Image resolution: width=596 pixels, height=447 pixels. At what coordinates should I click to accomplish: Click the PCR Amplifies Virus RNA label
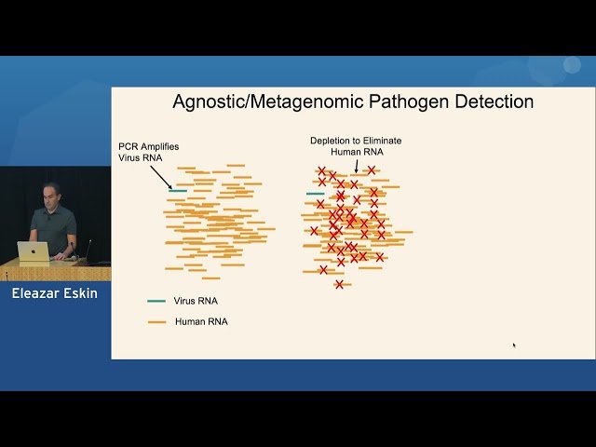click(148, 153)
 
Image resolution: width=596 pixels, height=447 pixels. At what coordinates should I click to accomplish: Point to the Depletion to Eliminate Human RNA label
click(356, 145)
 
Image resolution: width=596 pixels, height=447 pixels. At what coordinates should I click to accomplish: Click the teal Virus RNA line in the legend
click(156, 301)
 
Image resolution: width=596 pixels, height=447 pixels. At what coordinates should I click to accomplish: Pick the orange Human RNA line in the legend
click(156, 322)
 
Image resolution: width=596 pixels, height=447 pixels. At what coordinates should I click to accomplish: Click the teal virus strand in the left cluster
click(178, 191)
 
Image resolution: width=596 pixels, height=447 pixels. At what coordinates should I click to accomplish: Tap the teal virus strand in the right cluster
click(316, 194)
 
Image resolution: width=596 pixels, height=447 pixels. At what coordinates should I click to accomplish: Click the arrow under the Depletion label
click(356, 165)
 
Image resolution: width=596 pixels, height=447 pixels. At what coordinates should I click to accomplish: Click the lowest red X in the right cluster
click(339, 284)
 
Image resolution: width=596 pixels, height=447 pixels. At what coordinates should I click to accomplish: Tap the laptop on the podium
click(34, 251)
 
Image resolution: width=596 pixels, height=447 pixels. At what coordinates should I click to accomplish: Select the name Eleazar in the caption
click(35, 294)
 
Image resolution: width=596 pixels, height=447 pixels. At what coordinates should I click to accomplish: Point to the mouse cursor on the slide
click(514, 345)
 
